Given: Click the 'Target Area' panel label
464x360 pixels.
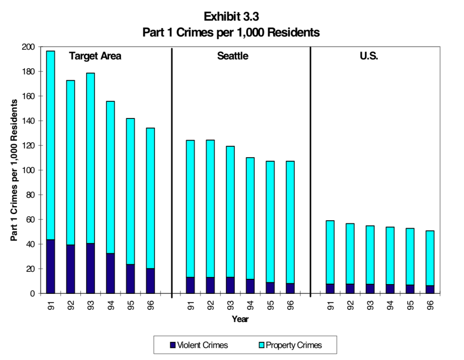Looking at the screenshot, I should tap(95, 56).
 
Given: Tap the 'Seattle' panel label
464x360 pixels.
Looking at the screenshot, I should tap(232, 56).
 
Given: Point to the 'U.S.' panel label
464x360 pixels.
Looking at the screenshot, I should tap(369, 56).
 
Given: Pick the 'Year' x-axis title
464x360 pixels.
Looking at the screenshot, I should tap(240, 319).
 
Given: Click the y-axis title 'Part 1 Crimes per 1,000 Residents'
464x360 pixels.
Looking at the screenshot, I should tap(14, 170).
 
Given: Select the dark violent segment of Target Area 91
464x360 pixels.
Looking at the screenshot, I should tap(51, 266).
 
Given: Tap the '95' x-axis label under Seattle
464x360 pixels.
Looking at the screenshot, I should tap(270, 305).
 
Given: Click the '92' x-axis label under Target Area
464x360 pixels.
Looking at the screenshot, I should tap(71, 305).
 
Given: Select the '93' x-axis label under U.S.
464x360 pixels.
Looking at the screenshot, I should tap(370, 305).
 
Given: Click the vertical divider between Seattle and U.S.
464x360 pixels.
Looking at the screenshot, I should tap(310, 172).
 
